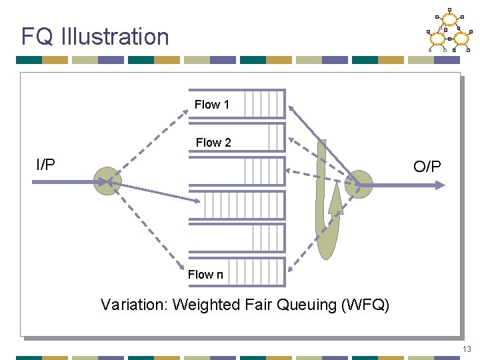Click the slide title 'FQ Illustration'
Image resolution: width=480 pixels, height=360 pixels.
coord(95,36)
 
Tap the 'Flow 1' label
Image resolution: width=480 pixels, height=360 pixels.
coord(212,105)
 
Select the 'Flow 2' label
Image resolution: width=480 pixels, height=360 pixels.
coord(213,142)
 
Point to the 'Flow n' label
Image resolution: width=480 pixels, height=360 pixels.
coord(205,275)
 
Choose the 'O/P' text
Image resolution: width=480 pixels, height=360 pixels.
coord(427,167)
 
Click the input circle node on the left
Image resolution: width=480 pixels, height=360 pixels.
coord(105,181)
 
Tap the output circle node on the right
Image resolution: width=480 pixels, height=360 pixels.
coord(360,183)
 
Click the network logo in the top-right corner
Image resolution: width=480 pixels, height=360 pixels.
coord(449,31)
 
